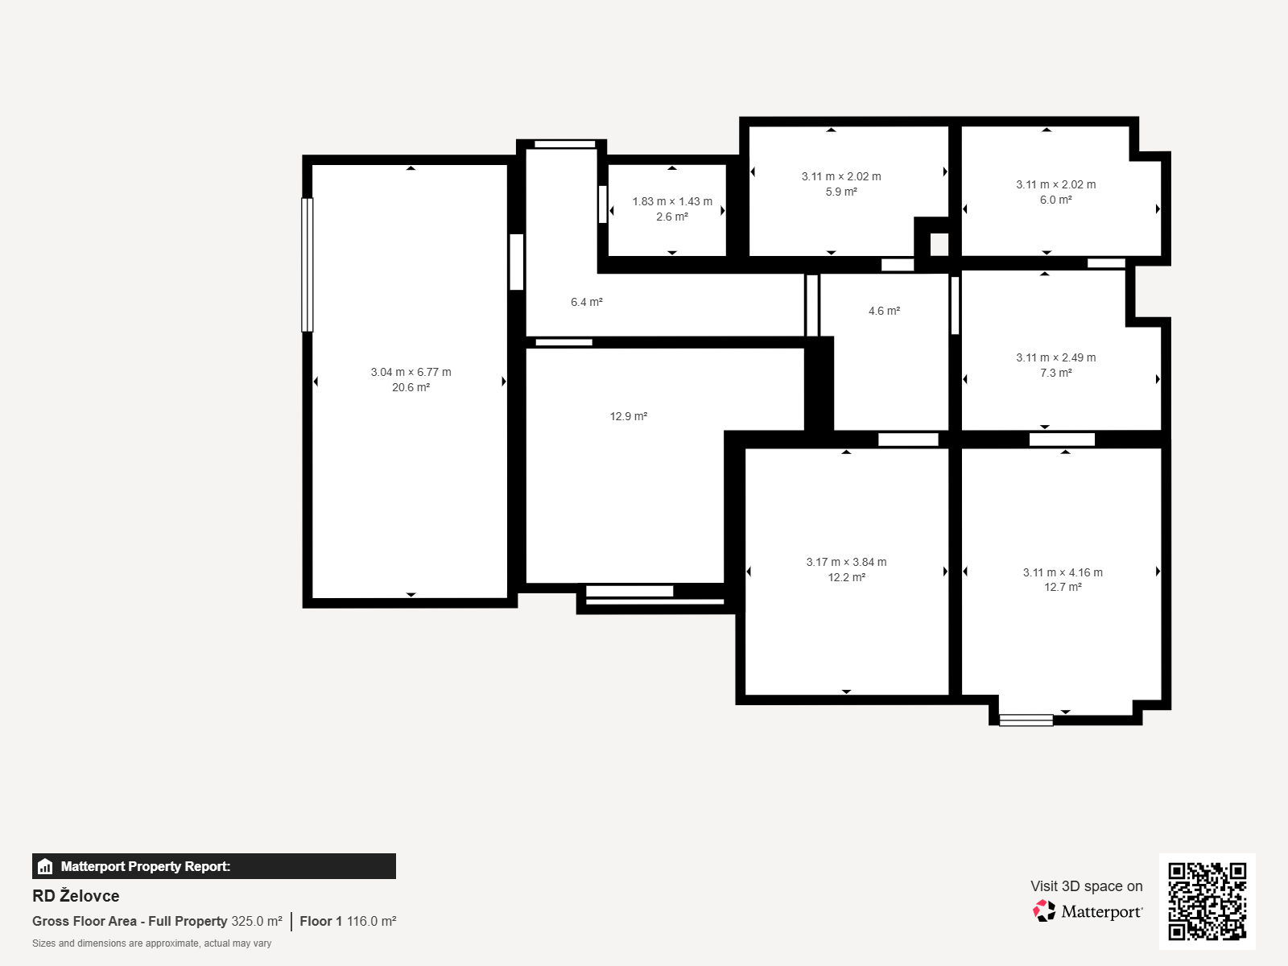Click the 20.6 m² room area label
[x=411, y=388]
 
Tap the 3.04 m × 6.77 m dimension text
[x=411, y=372]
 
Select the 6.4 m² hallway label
[x=586, y=302]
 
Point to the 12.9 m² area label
[x=629, y=416]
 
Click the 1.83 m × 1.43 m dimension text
[x=672, y=201]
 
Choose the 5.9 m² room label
[x=841, y=192]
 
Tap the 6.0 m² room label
[x=1055, y=200]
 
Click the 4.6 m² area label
[x=884, y=311]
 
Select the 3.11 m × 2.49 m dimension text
[x=1055, y=357]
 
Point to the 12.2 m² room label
[x=846, y=578]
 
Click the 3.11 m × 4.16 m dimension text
[x=1063, y=572]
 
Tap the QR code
[x=1207, y=901]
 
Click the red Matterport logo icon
[x=1044, y=911]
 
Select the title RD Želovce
[x=76, y=896]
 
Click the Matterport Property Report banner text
[x=146, y=866]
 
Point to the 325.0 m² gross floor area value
[x=257, y=921]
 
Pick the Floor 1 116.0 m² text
[x=348, y=921]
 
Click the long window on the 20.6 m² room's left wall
[x=307, y=265]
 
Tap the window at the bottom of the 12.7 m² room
[x=1026, y=720]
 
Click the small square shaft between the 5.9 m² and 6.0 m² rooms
[x=939, y=245]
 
